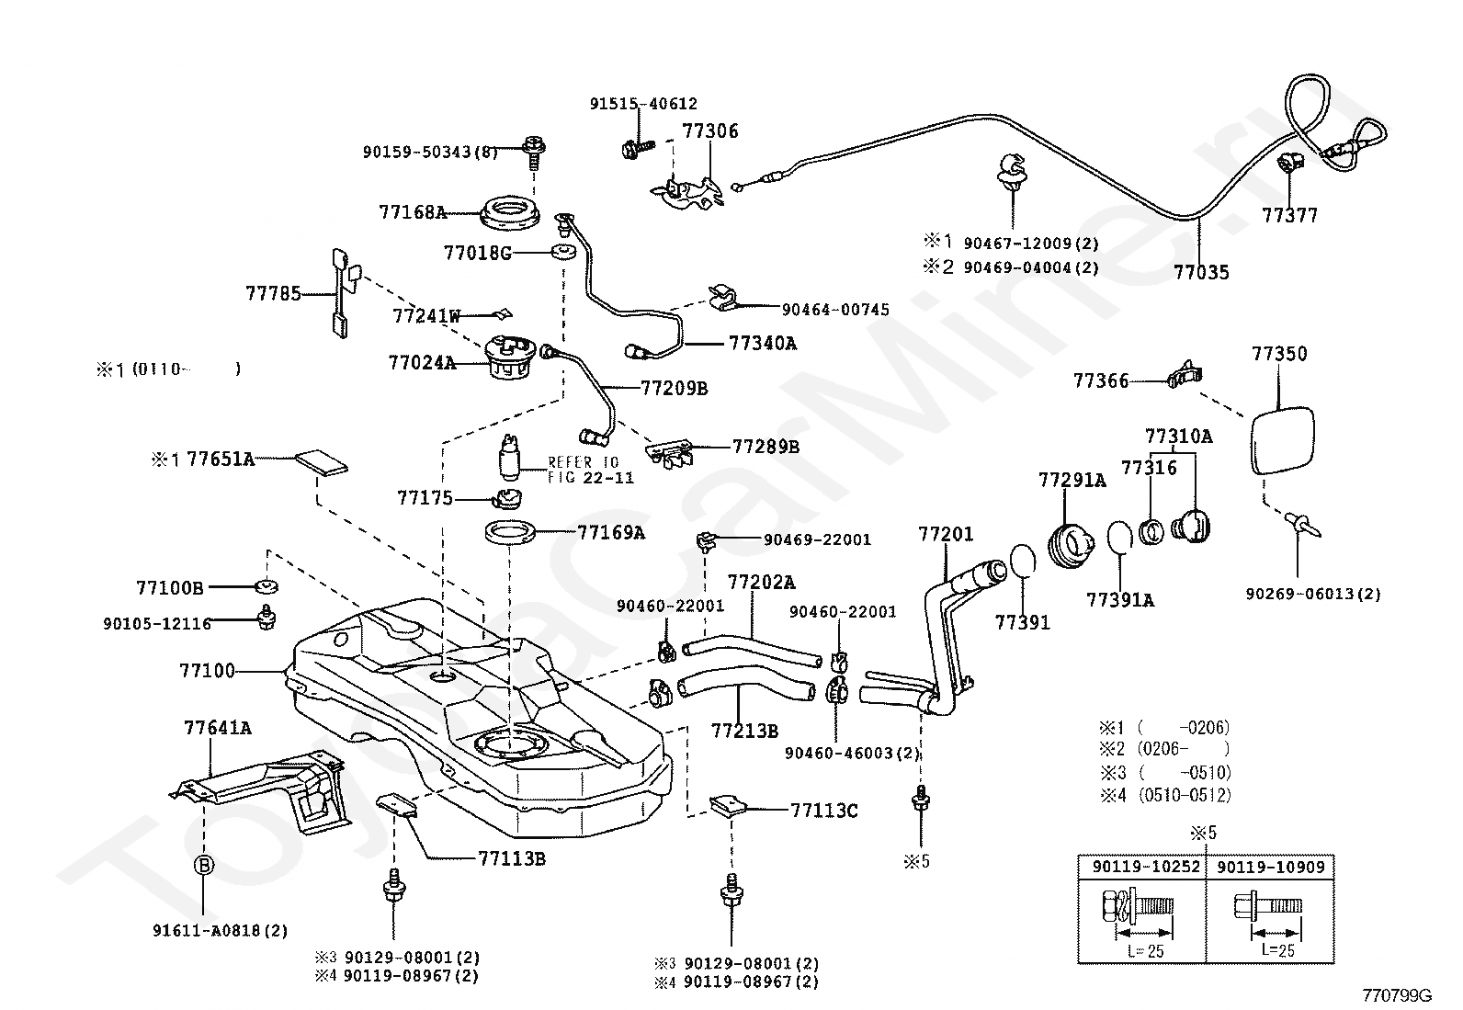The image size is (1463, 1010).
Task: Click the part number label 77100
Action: click(208, 672)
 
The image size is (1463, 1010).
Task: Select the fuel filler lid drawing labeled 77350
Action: click(1284, 441)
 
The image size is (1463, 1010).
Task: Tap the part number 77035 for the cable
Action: click(1201, 272)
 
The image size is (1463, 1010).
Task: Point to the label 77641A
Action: click(218, 728)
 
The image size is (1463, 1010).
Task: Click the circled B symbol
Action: click(202, 865)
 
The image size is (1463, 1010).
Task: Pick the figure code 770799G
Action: click(1398, 994)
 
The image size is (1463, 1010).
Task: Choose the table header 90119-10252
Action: click(1140, 867)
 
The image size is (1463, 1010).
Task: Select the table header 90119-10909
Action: click(1268, 867)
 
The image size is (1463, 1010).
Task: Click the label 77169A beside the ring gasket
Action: click(611, 531)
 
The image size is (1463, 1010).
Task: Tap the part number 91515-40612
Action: click(643, 104)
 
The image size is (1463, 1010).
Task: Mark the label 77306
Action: click(709, 131)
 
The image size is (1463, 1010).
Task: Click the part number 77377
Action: click(1289, 215)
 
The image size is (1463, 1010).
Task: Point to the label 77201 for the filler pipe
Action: click(946, 534)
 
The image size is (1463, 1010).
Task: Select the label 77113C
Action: click(823, 811)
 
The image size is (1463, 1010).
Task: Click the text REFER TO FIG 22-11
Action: click(590, 470)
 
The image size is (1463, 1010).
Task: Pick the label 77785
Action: click(273, 294)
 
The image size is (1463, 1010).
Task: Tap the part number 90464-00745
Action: click(835, 310)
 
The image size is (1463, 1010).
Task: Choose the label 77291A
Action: click(1072, 480)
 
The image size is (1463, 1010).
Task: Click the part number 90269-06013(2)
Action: click(1312, 595)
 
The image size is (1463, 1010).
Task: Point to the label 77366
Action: click(1101, 380)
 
